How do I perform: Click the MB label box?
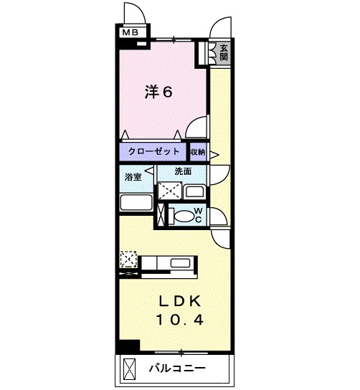pyautogui.click(x=129, y=32)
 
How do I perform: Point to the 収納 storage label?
pyautogui.click(x=198, y=152)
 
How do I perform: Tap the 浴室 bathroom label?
pyautogui.click(x=133, y=176)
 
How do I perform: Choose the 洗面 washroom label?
pyautogui.click(x=183, y=172)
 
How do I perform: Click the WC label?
pyautogui.click(x=199, y=215)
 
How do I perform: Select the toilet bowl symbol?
pyautogui.click(x=184, y=216)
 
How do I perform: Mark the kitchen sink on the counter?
pyautogui.click(x=179, y=264)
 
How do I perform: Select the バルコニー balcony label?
pyautogui.click(x=177, y=370)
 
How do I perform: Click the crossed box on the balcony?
pyautogui.click(x=129, y=370)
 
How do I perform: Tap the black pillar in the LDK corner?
pyautogui.click(x=128, y=346)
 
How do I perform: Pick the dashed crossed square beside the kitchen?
pyautogui.click(x=129, y=258)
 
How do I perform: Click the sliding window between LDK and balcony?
pyautogui.click(x=183, y=352)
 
